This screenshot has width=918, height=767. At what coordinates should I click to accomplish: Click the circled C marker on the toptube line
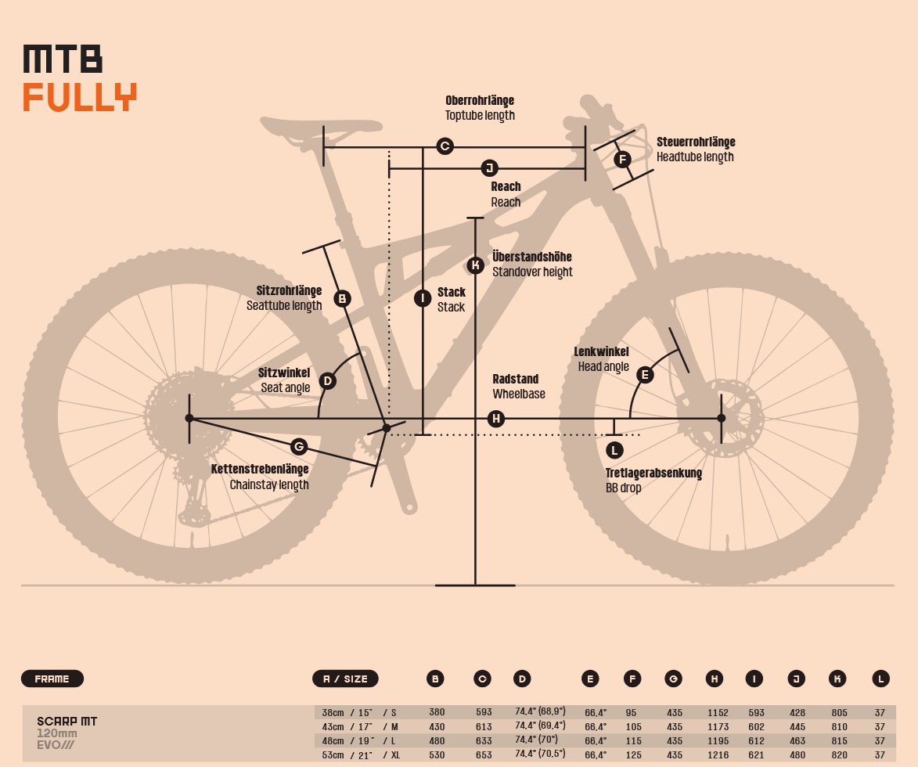[x=445, y=146]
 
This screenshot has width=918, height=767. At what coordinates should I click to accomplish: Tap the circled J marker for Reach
[x=489, y=168]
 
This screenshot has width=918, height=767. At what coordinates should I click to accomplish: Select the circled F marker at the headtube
[x=622, y=160]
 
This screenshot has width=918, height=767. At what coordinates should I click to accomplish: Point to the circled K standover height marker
[x=475, y=265]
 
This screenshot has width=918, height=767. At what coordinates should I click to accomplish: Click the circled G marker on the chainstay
[x=298, y=447]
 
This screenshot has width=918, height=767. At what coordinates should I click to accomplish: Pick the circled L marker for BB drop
[x=614, y=449]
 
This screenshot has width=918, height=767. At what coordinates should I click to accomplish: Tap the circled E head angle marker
[x=645, y=375]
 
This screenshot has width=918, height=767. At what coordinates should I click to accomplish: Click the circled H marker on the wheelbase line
[x=495, y=419]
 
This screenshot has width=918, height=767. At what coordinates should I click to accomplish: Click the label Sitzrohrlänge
[x=289, y=291]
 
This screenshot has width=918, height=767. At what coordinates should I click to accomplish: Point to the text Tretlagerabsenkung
[x=653, y=474]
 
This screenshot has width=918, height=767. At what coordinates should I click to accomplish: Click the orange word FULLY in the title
[x=80, y=97]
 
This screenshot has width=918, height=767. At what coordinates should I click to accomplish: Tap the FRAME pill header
[x=52, y=679]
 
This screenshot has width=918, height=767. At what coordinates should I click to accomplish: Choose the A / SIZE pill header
[x=345, y=679]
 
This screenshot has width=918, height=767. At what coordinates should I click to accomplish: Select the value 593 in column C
[x=483, y=713]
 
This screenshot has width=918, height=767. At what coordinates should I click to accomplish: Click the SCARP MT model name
[x=67, y=721]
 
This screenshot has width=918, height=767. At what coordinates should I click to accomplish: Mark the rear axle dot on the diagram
[x=189, y=419]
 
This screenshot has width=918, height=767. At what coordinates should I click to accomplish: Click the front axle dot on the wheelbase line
[x=722, y=419]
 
